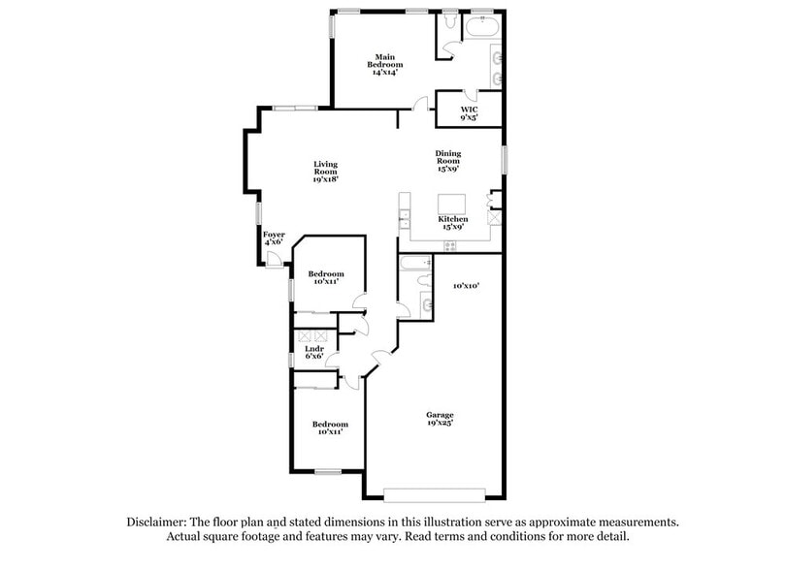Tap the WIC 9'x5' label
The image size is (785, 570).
click(x=469, y=113)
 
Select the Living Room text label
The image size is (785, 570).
click(x=325, y=172)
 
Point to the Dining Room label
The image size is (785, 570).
click(x=447, y=160)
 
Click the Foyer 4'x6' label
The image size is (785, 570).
click(x=274, y=237)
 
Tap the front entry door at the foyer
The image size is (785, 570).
click(x=275, y=259)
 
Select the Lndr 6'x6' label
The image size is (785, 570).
click(x=313, y=352)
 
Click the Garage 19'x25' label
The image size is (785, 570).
click(x=440, y=419)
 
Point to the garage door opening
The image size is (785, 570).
click(x=433, y=494)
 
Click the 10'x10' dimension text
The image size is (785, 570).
click(x=467, y=285)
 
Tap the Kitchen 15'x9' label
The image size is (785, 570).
click(x=453, y=223)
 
